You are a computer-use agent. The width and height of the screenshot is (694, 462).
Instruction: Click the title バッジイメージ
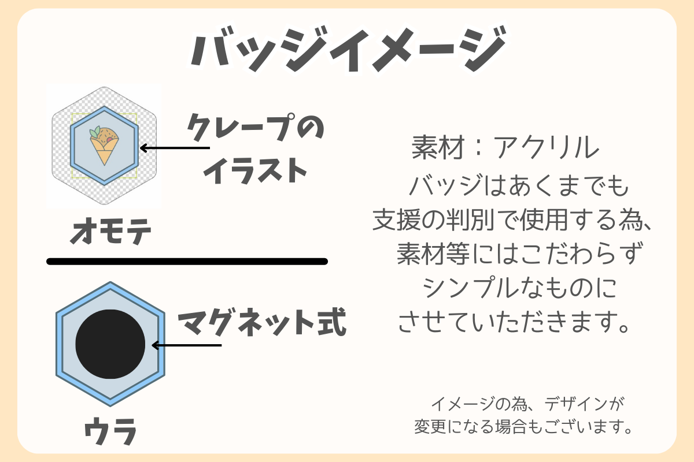[347, 51]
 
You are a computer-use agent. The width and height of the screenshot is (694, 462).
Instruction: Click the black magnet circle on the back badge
[110, 344]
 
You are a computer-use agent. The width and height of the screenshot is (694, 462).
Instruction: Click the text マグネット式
[261, 323]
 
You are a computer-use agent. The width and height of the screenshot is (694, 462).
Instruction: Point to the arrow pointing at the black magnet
[186, 345]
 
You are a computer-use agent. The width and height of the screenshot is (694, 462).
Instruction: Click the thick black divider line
[187, 262]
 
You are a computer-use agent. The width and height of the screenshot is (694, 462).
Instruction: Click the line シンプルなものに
[512, 288]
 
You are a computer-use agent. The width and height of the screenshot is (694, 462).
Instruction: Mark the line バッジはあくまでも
[518, 187]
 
